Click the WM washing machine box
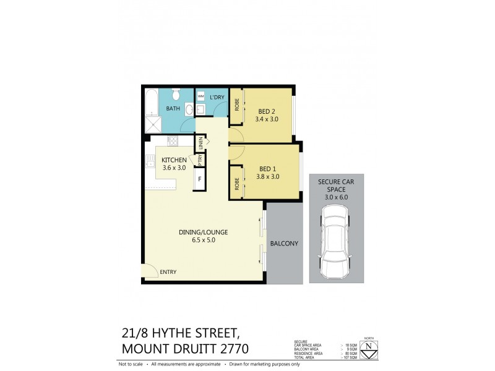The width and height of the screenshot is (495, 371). pos(200,97)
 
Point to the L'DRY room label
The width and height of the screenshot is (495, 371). pos(217,98)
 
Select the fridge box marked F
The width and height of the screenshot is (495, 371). pos(199,180)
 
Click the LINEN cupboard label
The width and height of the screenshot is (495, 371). pos(200,143)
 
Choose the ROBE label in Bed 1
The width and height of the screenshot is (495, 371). pos(236,183)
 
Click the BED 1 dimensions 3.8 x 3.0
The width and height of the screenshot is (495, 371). pos(268,176)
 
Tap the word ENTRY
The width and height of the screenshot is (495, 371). pos(168,271)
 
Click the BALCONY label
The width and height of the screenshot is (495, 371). pos(285,244)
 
